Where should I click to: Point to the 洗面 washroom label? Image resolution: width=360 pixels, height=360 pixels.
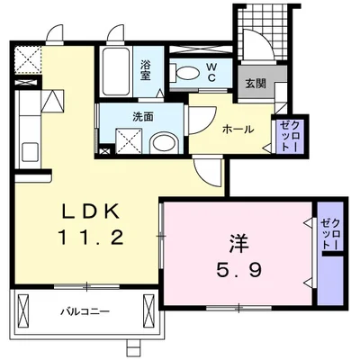(118, 116)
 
